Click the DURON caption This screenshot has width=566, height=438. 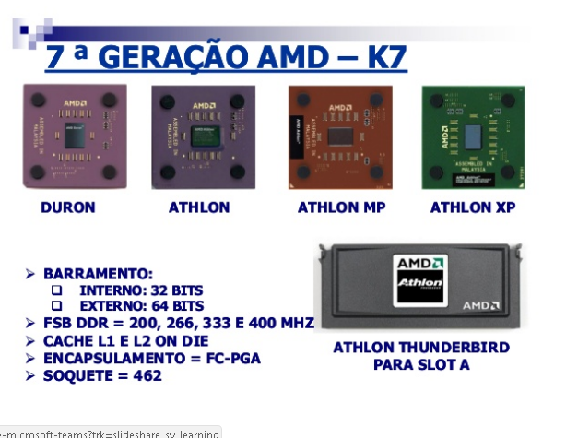tap(68, 207)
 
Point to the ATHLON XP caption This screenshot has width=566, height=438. tap(473, 207)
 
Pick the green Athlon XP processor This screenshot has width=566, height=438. tap(471, 136)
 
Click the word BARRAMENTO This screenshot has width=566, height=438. tap(97, 274)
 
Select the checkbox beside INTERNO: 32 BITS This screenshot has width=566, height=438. tap(57, 290)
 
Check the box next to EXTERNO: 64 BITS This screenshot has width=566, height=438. tap(57, 306)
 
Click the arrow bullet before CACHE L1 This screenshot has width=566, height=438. tap(30, 341)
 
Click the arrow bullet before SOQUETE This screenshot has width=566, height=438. tap(30, 375)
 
